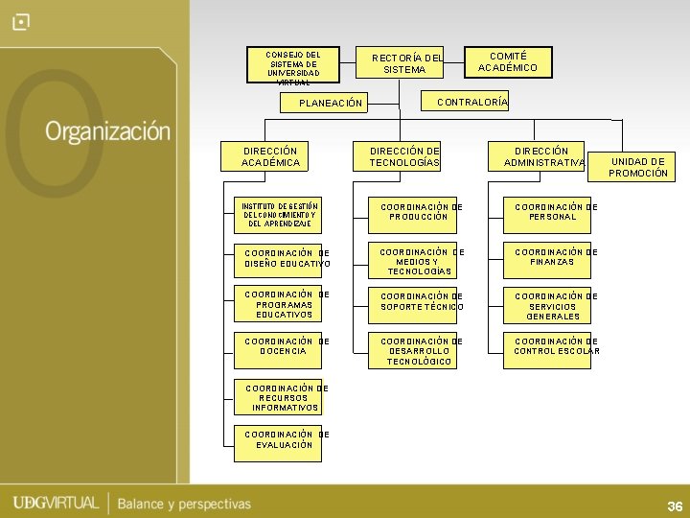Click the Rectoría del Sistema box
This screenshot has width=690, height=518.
point(400,63)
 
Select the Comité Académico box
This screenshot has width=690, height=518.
point(508,62)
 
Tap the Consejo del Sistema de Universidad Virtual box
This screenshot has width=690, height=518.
point(293,66)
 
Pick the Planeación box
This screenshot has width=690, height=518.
point(327,103)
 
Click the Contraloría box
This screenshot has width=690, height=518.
point(467,101)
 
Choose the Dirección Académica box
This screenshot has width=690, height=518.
point(270,156)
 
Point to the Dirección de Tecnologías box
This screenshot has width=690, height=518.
point(404,156)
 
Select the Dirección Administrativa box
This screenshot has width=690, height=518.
point(536,156)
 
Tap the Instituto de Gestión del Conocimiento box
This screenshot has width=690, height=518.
point(279,215)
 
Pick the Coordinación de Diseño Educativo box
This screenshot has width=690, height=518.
point(279,258)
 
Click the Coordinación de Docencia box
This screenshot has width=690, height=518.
point(279,350)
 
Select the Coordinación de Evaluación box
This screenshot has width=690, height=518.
point(279,439)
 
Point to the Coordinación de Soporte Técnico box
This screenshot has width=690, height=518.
point(412,304)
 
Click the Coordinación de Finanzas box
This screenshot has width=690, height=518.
point(547,258)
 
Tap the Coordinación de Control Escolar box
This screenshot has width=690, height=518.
point(547,350)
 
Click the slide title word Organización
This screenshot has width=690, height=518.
point(107,131)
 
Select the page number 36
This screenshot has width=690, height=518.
point(674,506)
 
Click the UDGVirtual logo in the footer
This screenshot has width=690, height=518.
point(56,503)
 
